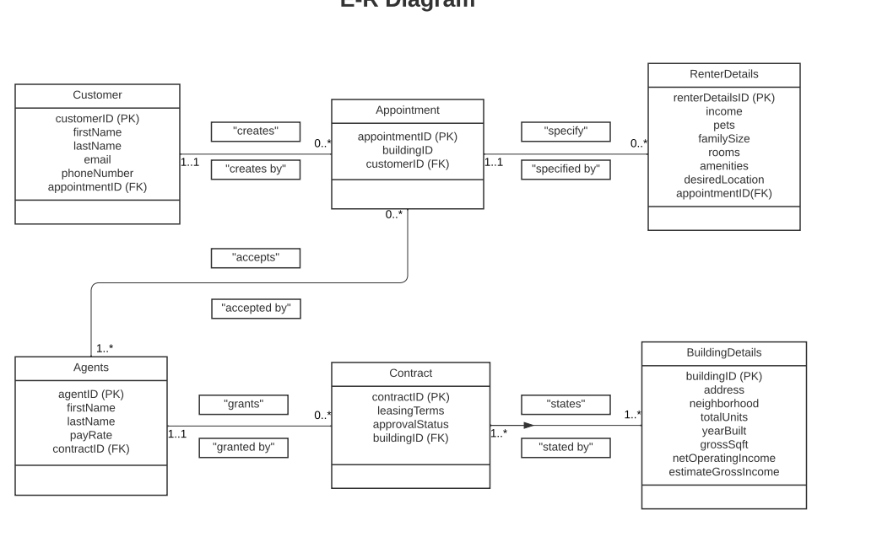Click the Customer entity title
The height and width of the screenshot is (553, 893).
97,95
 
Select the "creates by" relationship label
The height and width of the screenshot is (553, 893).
255,169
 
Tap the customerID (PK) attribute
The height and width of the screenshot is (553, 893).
97,119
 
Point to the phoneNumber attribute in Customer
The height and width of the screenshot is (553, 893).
97,174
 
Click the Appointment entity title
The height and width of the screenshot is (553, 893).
407,110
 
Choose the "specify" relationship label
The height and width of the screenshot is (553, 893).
566,132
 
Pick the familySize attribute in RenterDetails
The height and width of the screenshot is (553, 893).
723,139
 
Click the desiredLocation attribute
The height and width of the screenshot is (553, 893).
723,180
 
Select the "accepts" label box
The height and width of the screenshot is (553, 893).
255,258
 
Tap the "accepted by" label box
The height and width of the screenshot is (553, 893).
256,309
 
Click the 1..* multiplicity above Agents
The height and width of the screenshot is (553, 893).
105,348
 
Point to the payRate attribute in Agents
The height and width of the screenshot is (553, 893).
91,435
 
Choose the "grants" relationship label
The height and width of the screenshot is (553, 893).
243,405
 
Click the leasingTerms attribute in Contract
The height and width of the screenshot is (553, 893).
410,411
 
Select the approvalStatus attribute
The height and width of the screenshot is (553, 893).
410,424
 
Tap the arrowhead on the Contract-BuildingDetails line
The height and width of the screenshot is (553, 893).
529,426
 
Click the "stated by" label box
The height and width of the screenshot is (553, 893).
566,448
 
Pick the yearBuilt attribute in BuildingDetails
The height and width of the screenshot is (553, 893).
723,431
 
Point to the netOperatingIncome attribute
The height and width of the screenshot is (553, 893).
723,458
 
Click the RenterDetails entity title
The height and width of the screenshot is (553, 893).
723,74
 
